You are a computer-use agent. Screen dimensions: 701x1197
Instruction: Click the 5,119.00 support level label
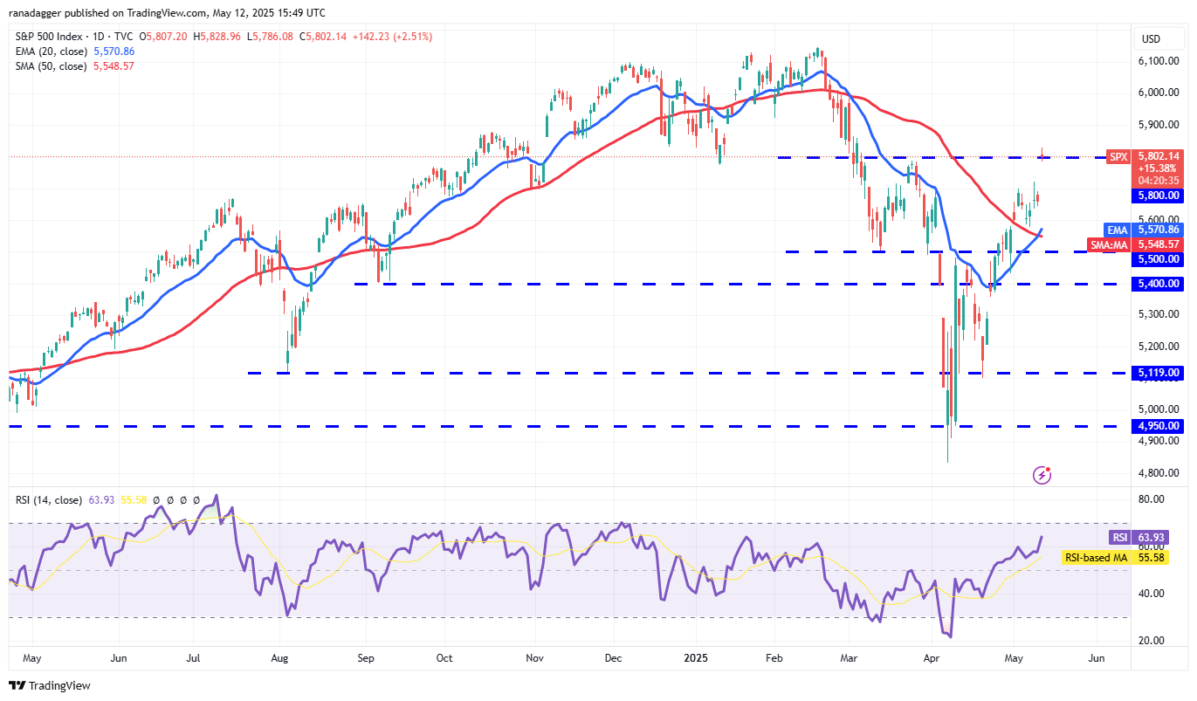[x=1158, y=373]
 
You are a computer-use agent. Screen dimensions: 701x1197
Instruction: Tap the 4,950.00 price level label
[x=1158, y=426]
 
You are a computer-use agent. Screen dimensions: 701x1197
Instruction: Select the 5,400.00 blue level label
[x=1158, y=284]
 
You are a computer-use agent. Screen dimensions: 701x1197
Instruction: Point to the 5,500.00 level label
[x=1158, y=259]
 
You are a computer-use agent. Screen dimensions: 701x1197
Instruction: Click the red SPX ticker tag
[x=1118, y=156]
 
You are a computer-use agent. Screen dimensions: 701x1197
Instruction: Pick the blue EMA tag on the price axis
[x=1118, y=230]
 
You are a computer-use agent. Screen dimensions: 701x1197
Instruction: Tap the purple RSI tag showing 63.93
[x=1119, y=538]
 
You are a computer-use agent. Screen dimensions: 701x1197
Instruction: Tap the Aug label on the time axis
[x=280, y=657]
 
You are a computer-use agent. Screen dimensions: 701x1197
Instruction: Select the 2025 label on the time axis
[x=696, y=657]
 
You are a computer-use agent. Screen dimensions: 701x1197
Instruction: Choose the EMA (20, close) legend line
[x=74, y=52]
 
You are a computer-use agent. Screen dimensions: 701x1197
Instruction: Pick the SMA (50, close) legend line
[x=74, y=66]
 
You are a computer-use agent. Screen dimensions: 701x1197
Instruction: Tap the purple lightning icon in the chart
[x=1042, y=475]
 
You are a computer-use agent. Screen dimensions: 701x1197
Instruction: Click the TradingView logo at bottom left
[x=50, y=686]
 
